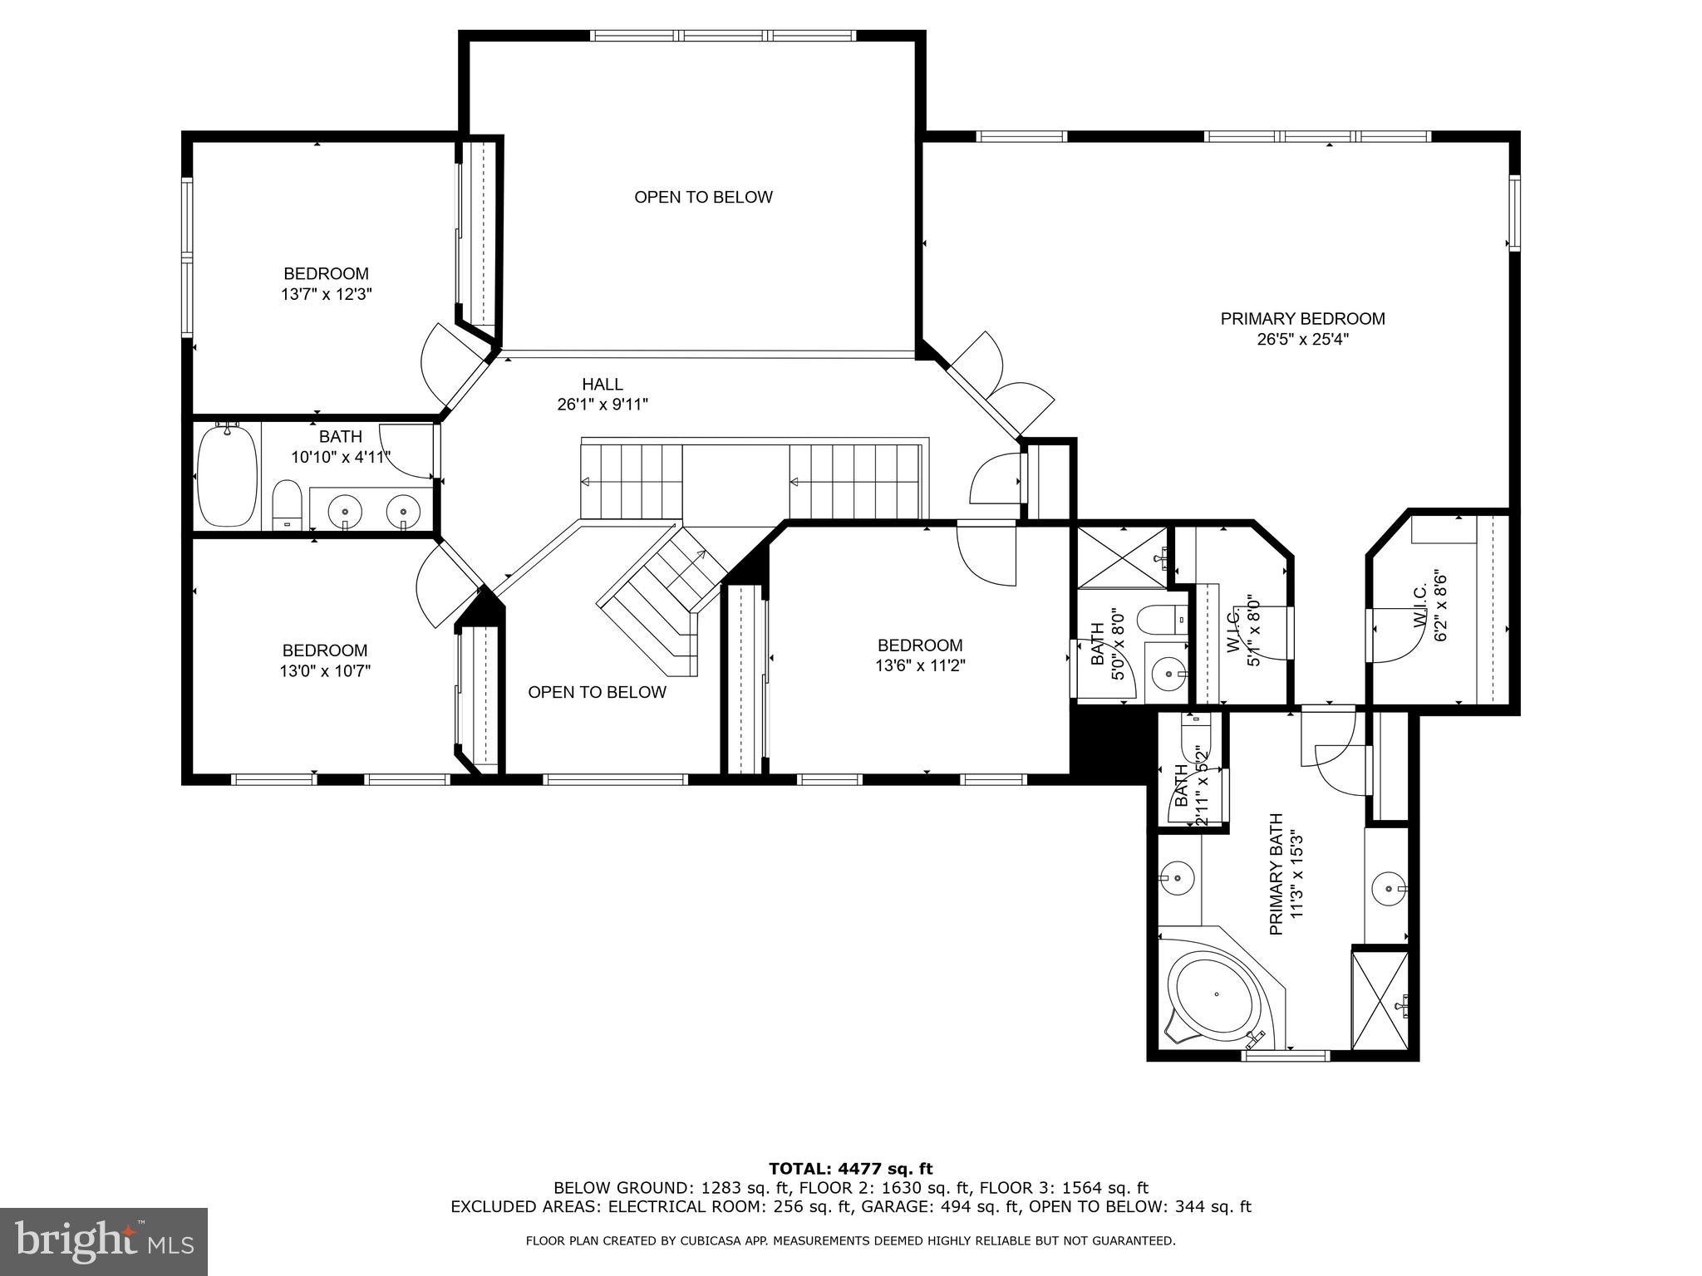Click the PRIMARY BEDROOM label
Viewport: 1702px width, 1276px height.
1302,319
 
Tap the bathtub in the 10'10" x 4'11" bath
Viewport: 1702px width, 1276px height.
227,477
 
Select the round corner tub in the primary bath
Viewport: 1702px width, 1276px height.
1216,995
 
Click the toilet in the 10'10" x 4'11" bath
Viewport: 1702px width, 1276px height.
287,503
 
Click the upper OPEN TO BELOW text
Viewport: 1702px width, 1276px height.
703,197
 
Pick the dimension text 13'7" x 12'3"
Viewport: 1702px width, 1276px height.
326,294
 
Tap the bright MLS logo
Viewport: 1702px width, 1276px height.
103,1241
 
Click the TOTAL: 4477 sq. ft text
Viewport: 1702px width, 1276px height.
850,1169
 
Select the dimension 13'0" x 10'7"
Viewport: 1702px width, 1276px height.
324,671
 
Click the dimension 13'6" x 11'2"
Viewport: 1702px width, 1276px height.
920,665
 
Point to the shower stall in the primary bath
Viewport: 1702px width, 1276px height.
1380,1001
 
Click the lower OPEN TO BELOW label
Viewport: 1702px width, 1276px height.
597,692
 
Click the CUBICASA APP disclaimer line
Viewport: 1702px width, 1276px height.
850,1241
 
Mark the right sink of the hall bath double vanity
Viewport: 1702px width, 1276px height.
403,508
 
